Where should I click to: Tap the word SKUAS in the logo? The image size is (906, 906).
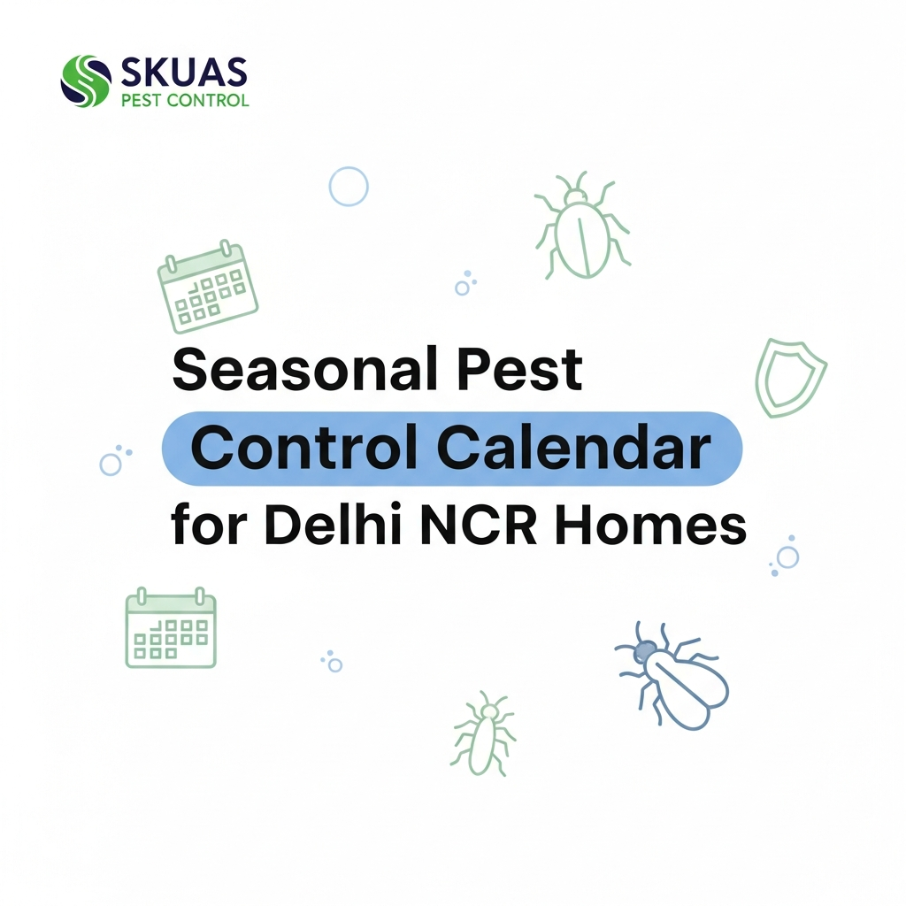coord(181,72)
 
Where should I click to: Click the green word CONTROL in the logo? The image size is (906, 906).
coord(210,99)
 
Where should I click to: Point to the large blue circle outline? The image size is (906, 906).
coord(349,187)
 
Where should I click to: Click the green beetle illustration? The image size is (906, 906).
coord(580,228)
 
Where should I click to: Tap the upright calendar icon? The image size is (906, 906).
coord(171,629)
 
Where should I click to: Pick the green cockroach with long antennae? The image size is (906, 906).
coord(483,733)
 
